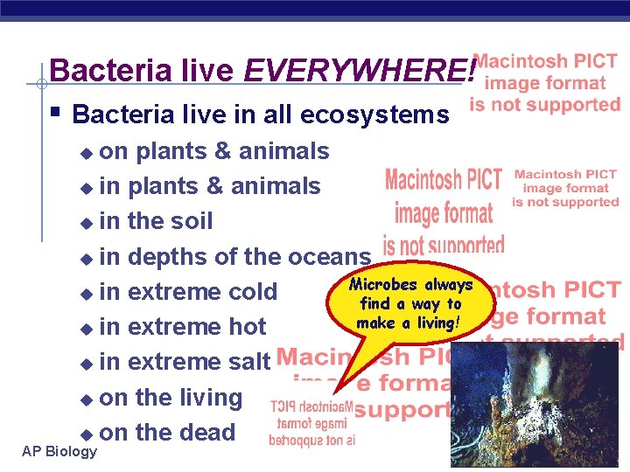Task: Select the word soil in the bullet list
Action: click(x=192, y=221)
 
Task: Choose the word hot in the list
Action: click(x=245, y=327)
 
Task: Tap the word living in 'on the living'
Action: click(x=211, y=398)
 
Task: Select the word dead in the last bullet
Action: click(x=208, y=433)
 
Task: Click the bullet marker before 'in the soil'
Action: click(x=85, y=223)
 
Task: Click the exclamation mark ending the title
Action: click(x=472, y=71)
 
